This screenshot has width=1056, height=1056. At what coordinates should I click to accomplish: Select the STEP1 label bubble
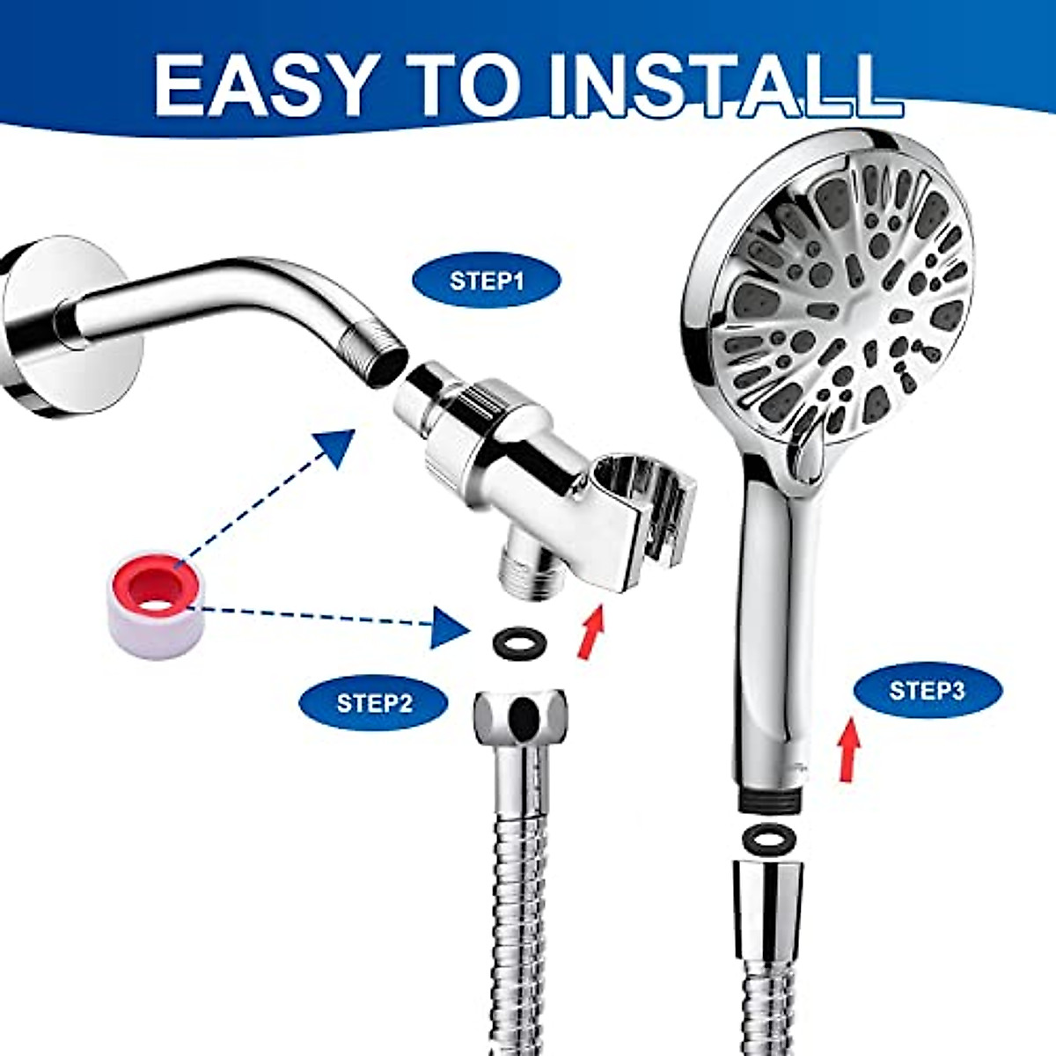click(x=487, y=281)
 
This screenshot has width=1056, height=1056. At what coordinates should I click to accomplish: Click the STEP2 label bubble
click(x=373, y=703)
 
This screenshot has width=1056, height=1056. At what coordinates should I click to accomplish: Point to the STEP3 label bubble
click(x=927, y=690)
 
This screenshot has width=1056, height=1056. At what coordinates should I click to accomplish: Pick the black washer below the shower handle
click(x=767, y=839)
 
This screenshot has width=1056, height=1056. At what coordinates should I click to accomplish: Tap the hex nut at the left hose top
click(x=521, y=715)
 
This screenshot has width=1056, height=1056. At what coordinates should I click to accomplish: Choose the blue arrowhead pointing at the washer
click(x=450, y=627)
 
